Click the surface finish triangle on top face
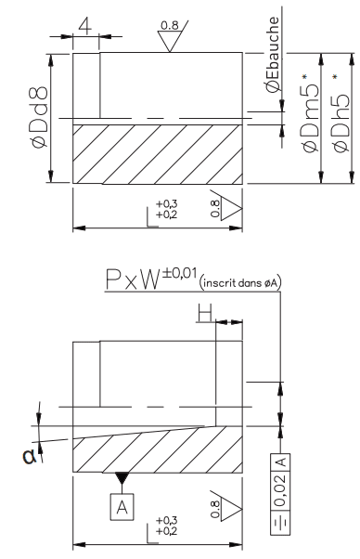(171, 40)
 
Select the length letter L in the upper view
(151, 213)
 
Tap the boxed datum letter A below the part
(121, 506)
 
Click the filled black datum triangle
(121, 478)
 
